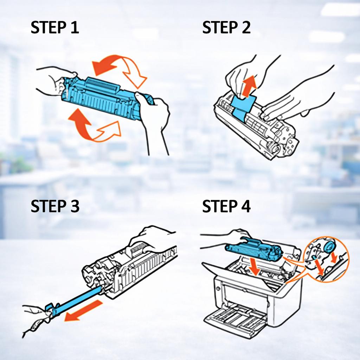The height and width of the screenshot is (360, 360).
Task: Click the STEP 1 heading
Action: [x=54, y=27]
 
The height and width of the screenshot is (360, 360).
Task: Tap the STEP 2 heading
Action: [x=226, y=27]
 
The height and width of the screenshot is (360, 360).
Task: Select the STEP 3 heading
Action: [x=55, y=206]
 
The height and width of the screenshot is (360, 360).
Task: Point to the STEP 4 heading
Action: [x=226, y=206]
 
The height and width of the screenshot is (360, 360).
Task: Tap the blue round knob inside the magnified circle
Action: [x=329, y=247]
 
